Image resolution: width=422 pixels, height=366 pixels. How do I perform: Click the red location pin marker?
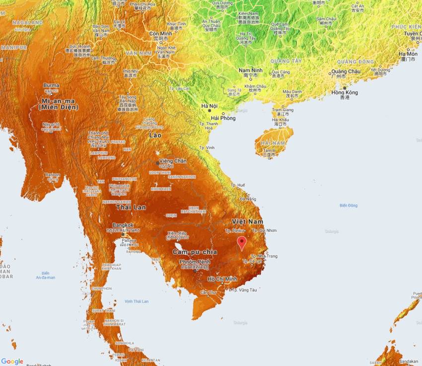(242, 242)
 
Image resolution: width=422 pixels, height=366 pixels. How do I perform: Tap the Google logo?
(12, 362)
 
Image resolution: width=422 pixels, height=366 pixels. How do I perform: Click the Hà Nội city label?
(210, 106)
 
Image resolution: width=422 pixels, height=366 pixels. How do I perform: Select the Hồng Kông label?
(345, 92)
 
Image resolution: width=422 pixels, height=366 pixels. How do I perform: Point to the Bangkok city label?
(123, 225)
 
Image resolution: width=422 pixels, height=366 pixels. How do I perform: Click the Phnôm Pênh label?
(195, 262)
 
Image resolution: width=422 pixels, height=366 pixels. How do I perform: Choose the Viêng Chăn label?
(172, 161)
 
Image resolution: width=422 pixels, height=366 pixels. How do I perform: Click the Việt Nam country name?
(247, 221)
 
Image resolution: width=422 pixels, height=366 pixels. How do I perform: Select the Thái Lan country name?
(131, 207)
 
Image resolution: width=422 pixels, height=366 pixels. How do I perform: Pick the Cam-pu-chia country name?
(195, 252)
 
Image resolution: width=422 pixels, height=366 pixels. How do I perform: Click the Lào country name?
(155, 135)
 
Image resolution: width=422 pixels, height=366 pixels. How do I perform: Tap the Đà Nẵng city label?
(248, 199)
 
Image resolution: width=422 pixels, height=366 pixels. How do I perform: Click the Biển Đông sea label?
(349, 205)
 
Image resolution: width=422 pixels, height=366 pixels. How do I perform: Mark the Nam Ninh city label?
(250, 71)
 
